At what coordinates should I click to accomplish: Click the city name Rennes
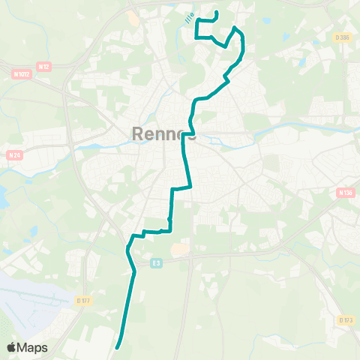164,133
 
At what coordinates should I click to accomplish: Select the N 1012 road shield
20,73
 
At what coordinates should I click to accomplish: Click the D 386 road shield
343,37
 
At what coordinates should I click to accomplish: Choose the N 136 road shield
345,193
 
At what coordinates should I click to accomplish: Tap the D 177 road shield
84,301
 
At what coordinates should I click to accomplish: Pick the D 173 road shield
345,320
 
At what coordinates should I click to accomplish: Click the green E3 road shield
155,262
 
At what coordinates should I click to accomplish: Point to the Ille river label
190,16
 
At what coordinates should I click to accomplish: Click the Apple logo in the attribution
13,347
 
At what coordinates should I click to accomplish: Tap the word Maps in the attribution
33,347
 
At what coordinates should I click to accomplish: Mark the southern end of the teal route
118,346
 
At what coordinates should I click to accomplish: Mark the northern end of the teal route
216,12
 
